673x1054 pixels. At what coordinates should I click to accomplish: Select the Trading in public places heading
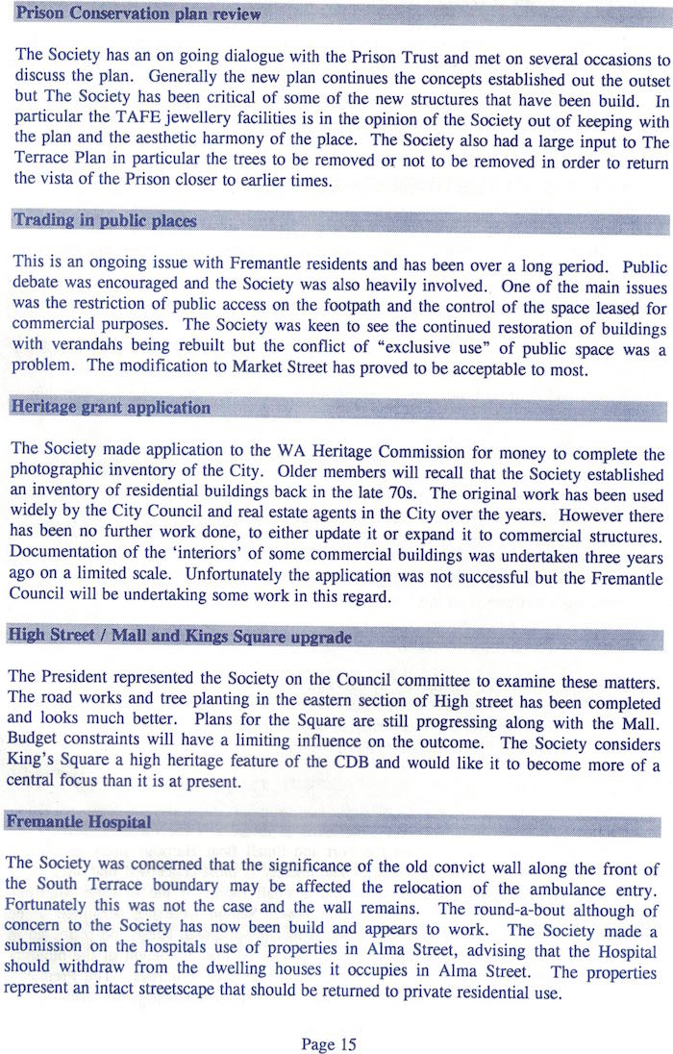[x=104, y=220]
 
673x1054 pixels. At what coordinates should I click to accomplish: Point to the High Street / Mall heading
[x=179, y=637]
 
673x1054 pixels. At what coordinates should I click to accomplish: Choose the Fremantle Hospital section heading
[x=80, y=821]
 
